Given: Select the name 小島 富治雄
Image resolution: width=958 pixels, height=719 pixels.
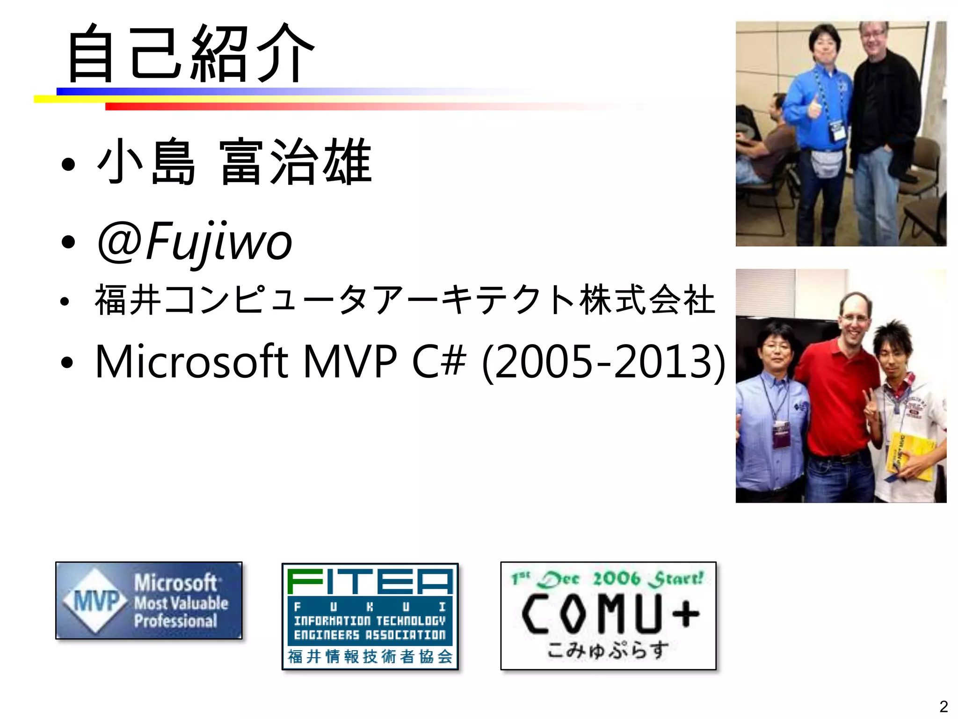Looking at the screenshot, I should (x=234, y=161).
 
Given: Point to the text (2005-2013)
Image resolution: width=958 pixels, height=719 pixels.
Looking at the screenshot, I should (x=603, y=361).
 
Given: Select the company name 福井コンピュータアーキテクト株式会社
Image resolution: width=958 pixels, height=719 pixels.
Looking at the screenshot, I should (x=405, y=300).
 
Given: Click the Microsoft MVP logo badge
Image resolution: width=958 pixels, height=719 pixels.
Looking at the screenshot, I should (x=149, y=601).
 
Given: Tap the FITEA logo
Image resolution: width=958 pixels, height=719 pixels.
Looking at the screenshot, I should (x=370, y=616).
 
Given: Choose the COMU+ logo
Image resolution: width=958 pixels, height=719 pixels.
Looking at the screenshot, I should (x=608, y=616).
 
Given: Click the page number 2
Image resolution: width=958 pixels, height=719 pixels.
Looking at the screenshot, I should (x=943, y=706).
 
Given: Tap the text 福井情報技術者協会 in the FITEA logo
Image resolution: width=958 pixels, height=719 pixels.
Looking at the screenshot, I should (x=370, y=656).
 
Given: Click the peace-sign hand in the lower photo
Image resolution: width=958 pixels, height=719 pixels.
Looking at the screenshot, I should (x=871, y=407).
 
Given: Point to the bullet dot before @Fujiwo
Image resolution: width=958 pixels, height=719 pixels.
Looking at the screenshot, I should (x=68, y=242).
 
